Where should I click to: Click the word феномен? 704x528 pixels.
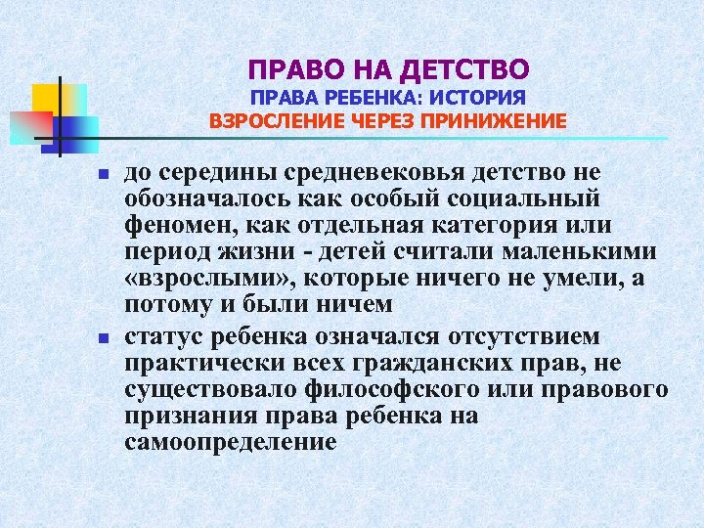(174, 226)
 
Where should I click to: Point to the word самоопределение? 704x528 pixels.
(231, 442)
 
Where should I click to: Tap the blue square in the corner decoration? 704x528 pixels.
(80, 127)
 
